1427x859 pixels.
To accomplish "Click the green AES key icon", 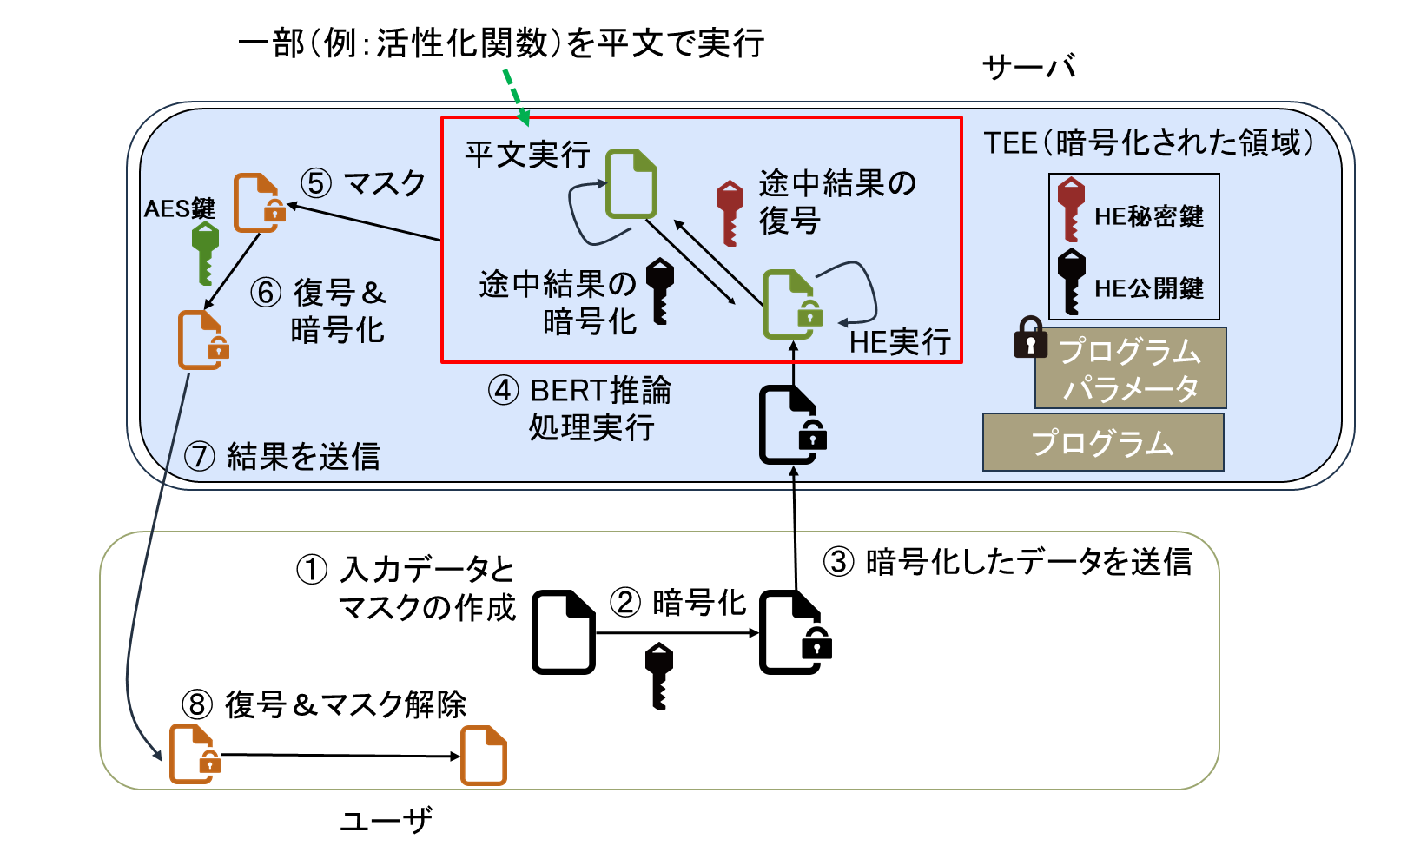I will tap(205, 252).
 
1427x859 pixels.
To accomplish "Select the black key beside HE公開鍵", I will tap(1071, 281).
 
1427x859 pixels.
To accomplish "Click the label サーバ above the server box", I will tap(1028, 67).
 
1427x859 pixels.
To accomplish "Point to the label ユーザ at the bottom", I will tap(386, 819).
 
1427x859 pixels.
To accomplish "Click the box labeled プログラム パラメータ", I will tap(1130, 368).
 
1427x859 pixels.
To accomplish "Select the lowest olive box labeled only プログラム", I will tap(1102, 442).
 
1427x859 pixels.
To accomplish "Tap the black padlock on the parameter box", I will tap(1030, 337).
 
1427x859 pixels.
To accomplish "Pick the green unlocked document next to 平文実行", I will tap(631, 183).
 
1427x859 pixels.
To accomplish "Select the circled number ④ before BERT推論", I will tap(504, 390).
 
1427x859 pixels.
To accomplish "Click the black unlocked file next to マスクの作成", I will tap(563, 631).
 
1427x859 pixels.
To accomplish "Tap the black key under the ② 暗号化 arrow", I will tap(659, 675).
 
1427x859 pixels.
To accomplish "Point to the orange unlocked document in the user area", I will tap(483, 755).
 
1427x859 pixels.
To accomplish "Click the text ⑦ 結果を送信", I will tap(282, 456).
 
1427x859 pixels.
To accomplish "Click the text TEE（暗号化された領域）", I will tap(1148, 142).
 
